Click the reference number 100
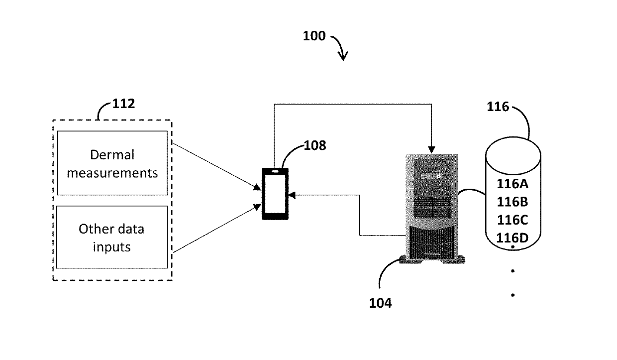click(x=314, y=36)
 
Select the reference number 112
click(x=124, y=104)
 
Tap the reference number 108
click(x=315, y=145)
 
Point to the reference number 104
click(x=380, y=303)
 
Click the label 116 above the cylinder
click(x=498, y=107)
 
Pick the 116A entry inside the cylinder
click(x=513, y=184)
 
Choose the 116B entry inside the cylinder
click(x=513, y=202)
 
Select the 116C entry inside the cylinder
click(x=513, y=220)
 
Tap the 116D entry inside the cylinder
click(x=513, y=238)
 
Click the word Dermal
click(x=112, y=155)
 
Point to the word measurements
click(x=112, y=173)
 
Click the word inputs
click(x=111, y=247)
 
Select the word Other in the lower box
click(x=92, y=229)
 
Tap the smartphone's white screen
click(x=275, y=194)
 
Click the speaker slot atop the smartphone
click(x=275, y=171)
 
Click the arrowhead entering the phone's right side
click(x=292, y=195)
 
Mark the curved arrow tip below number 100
click(x=343, y=59)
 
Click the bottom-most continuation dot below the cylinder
click(x=513, y=295)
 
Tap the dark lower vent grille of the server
click(x=431, y=242)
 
